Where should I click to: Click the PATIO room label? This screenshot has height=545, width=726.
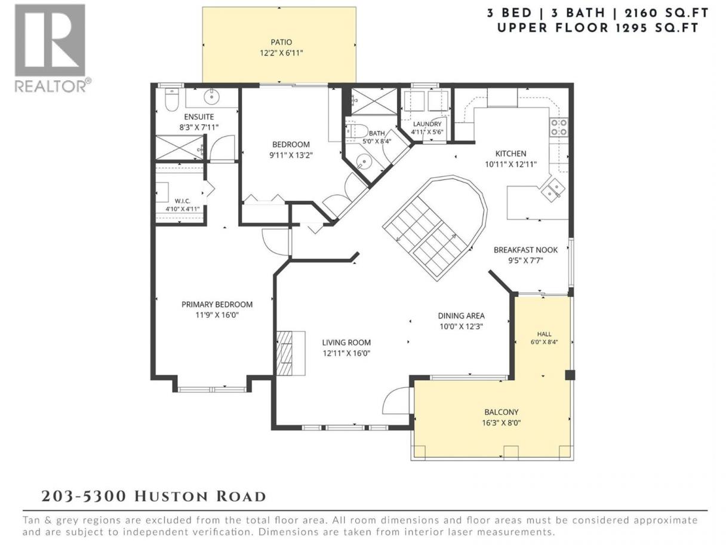pyautogui.click(x=281, y=42)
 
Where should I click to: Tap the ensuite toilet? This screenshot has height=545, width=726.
pyautogui.click(x=171, y=100)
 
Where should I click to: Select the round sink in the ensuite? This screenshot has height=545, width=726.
pyautogui.click(x=211, y=97)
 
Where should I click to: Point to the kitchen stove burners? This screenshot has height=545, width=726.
pyautogui.click(x=559, y=127)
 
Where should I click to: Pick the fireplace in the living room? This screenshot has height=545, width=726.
pyautogui.click(x=291, y=353)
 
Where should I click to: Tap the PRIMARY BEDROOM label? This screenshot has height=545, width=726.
pyautogui.click(x=217, y=304)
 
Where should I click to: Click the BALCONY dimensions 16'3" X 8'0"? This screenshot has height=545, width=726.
pyautogui.click(x=501, y=422)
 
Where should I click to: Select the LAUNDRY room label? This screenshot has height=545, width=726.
pyautogui.click(x=427, y=124)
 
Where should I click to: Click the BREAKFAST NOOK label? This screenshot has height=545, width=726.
pyautogui.click(x=525, y=250)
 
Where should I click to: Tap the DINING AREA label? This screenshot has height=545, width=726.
pyautogui.click(x=461, y=316)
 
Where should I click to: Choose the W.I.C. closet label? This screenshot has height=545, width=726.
pyautogui.click(x=183, y=201)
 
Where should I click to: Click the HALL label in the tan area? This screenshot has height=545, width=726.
pyautogui.click(x=544, y=334)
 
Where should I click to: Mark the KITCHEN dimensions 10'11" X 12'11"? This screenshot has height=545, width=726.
pyautogui.click(x=510, y=164)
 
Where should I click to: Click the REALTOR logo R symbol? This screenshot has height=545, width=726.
pyautogui.click(x=50, y=41)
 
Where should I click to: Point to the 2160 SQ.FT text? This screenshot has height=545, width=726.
pyautogui.click(x=666, y=13)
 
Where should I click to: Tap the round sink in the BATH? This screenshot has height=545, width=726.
pyautogui.click(x=364, y=163)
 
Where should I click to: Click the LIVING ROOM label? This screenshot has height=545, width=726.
pyautogui.click(x=346, y=342)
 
